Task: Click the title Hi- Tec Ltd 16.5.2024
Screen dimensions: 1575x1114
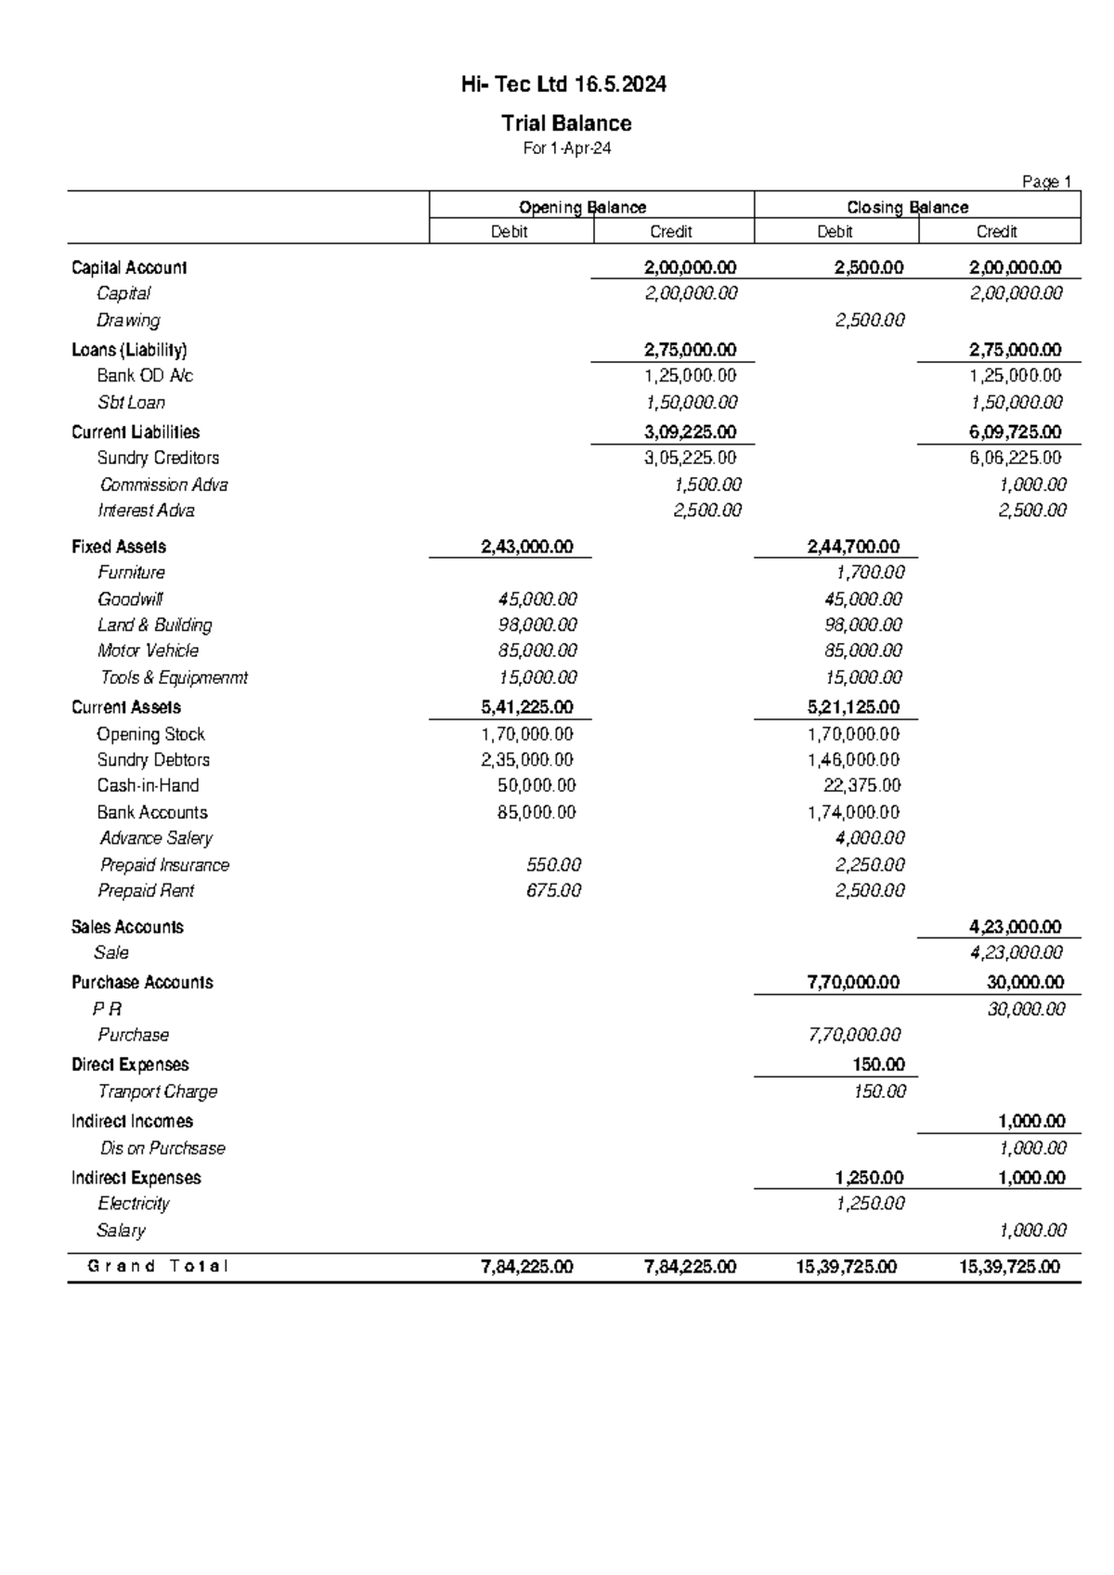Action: pos(563,85)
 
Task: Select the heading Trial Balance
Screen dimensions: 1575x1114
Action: pos(566,123)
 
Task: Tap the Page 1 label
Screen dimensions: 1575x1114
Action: pos(1046,182)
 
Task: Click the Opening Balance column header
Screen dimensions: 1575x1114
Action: pos(582,207)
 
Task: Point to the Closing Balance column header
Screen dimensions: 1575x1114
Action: pos(907,207)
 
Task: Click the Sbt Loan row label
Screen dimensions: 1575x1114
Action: pos(131,403)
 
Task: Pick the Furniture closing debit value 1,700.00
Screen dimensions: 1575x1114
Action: pos(870,573)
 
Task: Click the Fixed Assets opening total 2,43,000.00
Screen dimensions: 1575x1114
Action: pos(526,547)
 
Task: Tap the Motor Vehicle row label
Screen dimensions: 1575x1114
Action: pos(148,651)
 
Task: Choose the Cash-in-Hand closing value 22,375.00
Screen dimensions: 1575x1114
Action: pos(861,785)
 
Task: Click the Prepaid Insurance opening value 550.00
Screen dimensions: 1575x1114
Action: pos(553,865)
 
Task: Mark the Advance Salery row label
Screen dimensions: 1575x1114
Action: pos(156,838)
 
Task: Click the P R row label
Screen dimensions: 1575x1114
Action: pos(107,1009)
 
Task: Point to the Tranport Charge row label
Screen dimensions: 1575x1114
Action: pos(157,1091)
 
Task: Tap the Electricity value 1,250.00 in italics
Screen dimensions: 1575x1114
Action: pos(870,1204)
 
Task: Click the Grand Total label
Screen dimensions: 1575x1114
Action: pos(157,1266)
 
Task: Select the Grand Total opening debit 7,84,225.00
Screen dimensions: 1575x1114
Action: pos(526,1267)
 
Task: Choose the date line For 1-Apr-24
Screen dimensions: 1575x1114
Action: pos(566,148)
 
